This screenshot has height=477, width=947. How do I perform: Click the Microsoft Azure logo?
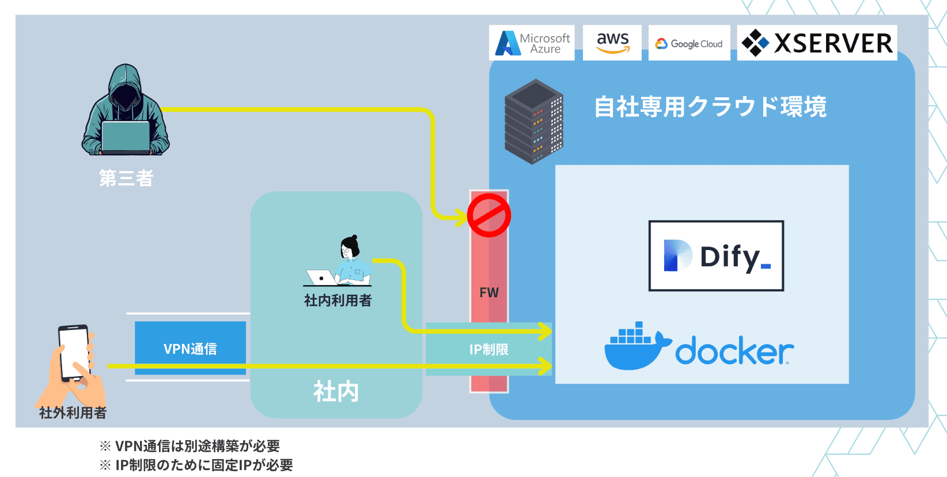click(532, 43)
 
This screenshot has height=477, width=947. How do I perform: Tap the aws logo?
click(612, 43)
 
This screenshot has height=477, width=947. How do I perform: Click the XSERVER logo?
click(817, 43)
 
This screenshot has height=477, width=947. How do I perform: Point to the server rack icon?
click(533, 122)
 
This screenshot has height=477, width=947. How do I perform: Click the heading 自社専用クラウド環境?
click(710, 107)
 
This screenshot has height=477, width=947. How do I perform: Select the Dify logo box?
click(716, 256)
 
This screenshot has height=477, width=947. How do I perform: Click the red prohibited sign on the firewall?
click(488, 215)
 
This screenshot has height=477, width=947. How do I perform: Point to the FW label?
click(489, 293)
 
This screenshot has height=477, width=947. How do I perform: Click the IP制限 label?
click(488, 350)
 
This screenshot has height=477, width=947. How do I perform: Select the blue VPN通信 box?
click(190, 348)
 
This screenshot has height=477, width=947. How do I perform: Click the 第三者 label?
click(126, 179)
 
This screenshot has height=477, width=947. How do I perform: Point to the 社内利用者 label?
click(338, 300)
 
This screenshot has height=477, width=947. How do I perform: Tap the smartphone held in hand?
click(74, 353)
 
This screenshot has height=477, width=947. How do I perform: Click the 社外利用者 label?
click(73, 412)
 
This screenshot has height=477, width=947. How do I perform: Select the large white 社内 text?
click(336, 392)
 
